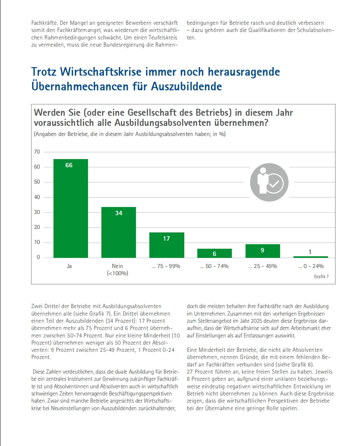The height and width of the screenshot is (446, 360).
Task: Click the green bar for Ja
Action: (71, 208)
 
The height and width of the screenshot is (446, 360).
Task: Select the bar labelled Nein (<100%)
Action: (119, 232)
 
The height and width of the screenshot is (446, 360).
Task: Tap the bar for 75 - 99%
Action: (167, 245)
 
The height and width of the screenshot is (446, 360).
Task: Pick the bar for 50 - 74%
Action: (214, 253)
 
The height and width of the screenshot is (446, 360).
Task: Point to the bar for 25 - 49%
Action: (263, 251)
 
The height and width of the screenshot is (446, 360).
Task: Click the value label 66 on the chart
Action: (69, 165)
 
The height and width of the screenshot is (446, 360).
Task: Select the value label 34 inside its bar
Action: (119, 213)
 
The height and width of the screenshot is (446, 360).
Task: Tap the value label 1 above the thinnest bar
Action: (310, 252)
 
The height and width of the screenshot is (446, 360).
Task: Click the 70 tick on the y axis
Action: (37, 152)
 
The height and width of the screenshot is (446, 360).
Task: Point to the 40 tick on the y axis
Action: (37, 197)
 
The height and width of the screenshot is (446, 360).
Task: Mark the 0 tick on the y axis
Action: (38, 257)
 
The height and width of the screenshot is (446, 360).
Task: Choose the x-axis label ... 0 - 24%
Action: (311, 266)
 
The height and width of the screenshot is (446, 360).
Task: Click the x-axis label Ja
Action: (69, 266)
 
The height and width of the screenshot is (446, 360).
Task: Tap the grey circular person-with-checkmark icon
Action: (269, 182)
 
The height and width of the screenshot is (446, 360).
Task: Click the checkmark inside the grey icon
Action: (275, 184)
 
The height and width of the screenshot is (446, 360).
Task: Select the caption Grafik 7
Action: (321, 277)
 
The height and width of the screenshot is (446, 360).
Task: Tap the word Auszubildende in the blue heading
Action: (186, 87)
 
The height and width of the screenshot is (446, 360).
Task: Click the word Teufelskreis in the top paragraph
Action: (163, 38)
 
